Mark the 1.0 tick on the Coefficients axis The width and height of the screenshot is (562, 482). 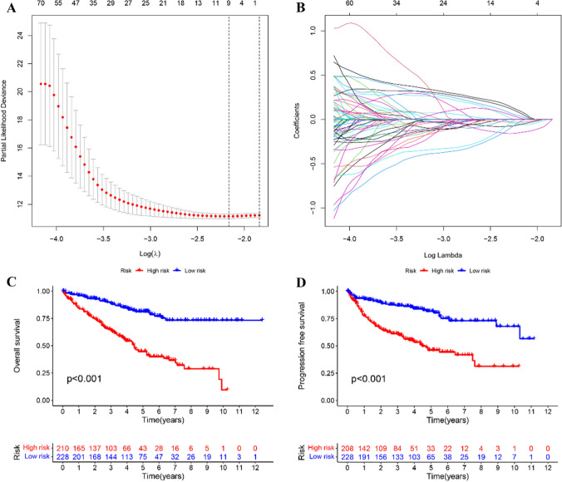pyautogui.click(x=309, y=32)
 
